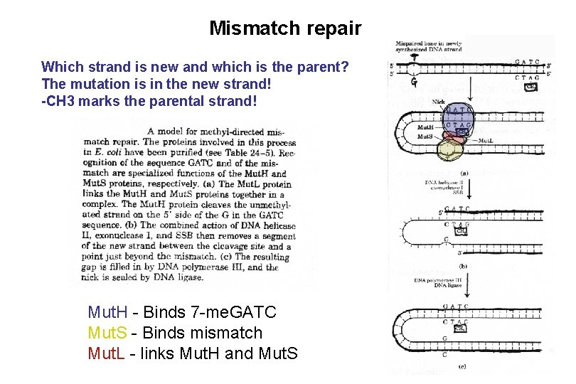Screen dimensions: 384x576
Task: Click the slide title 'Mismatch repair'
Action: pos(285,28)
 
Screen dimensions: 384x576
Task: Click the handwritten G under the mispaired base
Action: pos(414,82)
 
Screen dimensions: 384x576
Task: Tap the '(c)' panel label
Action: pos(462,367)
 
